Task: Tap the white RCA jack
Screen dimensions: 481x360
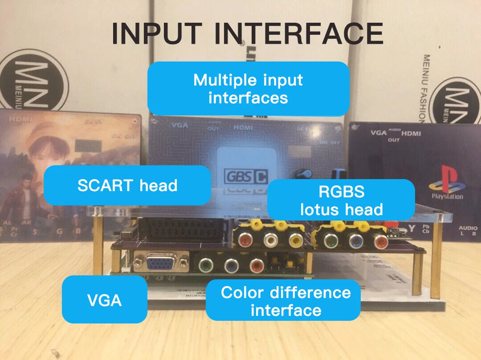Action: pyautogui.click(x=270, y=241)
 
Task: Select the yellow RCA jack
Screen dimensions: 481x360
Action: pyautogui.click(x=294, y=241)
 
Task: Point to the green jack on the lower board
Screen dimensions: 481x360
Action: pyautogui.click(x=205, y=266)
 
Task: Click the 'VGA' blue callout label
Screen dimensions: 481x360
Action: pyautogui.click(x=104, y=299)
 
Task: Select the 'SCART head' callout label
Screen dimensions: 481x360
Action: pyautogui.click(x=127, y=185)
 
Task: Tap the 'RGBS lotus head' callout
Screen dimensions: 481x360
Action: pyautogui.click(x=341, y=200)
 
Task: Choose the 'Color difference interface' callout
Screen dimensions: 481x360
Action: pyautogui.click(x=285, y=301)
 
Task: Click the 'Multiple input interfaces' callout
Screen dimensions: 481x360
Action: pyautogui.click(x=248, y=89)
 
